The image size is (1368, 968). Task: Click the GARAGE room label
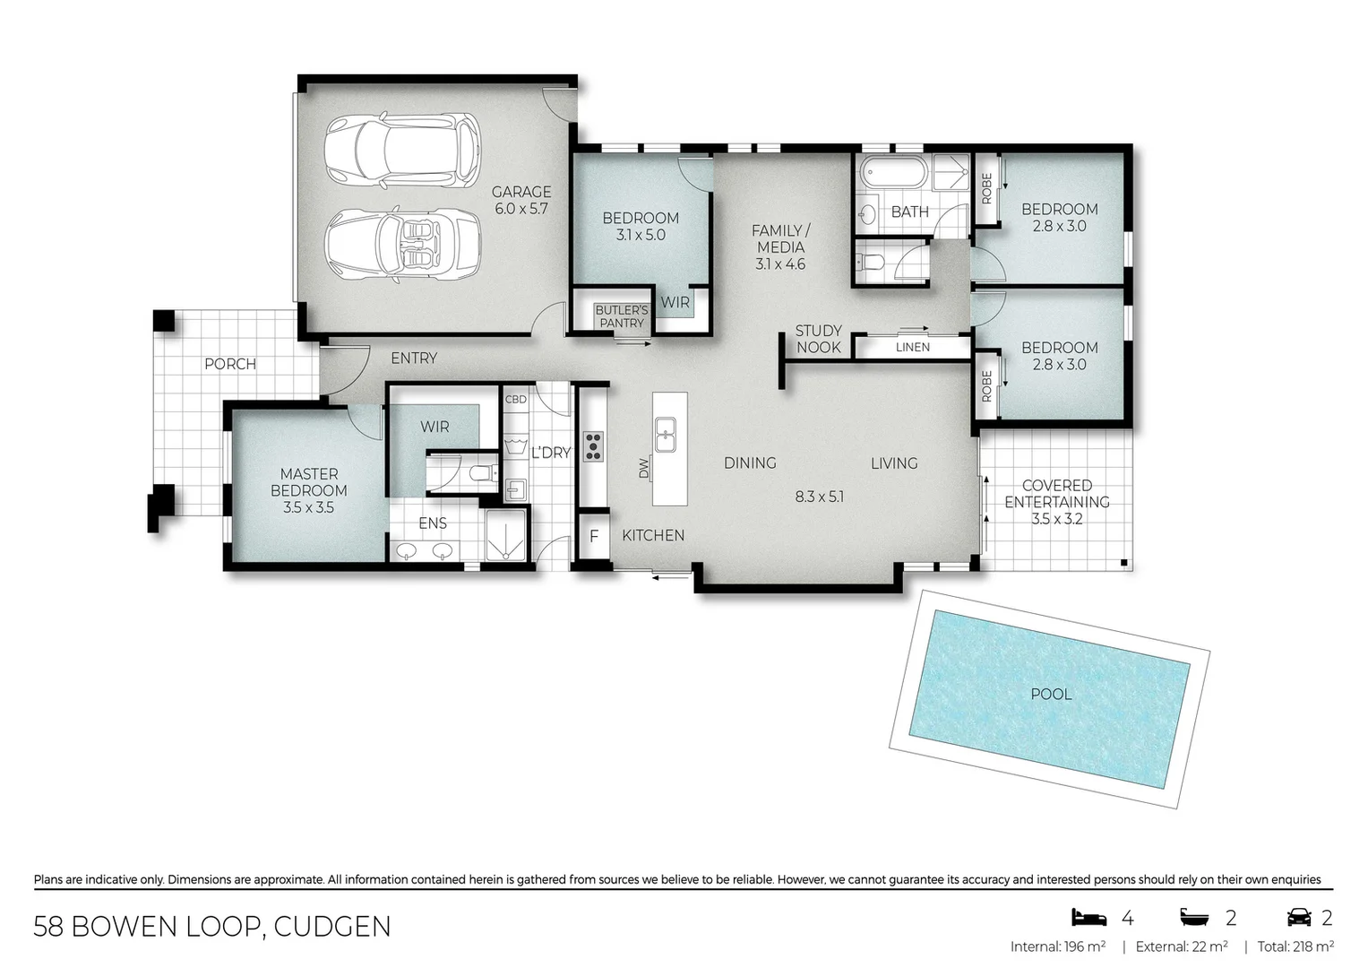521,192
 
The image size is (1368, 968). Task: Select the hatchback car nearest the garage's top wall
402,150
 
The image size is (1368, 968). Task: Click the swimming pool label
1051,694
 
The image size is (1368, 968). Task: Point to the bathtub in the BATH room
892,172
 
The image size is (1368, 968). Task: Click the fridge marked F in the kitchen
593,537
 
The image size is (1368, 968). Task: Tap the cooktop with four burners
593,445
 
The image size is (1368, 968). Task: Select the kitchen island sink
666,435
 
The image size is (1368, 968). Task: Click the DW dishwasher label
643,468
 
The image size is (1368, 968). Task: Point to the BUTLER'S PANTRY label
621,316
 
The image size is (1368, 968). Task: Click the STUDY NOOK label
818,339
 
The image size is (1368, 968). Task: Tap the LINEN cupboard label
912,347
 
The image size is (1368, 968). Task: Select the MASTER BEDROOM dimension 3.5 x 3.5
308,507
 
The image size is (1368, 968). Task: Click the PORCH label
230,364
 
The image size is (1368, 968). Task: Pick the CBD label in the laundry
516,399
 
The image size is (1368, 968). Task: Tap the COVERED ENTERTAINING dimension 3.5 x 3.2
1057,519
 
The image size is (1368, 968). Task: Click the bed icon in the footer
1088,917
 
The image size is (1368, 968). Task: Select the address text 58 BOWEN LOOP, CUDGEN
212,927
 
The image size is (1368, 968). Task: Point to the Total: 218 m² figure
1295,946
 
